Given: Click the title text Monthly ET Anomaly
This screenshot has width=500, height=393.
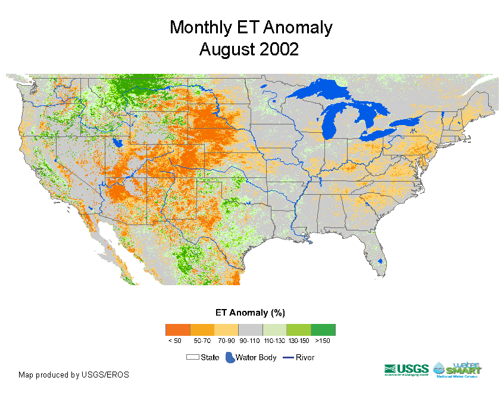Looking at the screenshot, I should tap(251, 27).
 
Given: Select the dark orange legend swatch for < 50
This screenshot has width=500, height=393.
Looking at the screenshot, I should tap(177, 330).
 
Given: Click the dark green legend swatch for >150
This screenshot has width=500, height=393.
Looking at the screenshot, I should tap(323, 330).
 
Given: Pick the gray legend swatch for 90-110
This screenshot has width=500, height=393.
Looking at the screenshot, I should tap(250, 330).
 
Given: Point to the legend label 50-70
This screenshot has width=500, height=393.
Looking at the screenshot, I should tap(202, 341).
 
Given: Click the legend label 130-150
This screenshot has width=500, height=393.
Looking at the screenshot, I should tap(298, 341).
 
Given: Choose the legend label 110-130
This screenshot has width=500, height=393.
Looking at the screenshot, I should tap(274, 341).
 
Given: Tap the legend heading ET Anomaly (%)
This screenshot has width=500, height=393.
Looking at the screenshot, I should tap(250, 313).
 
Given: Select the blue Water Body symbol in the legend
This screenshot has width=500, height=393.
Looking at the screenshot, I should tap(229, 358).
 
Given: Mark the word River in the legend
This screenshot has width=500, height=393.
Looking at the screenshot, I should tap(305, 358).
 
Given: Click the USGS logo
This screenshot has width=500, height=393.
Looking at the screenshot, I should tap(406, 370).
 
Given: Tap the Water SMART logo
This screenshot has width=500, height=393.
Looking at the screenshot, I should tap(458, 369).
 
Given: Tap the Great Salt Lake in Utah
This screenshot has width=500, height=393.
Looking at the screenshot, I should tap(118, 143).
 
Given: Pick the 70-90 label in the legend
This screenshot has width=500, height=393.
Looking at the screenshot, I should tap(226, 341).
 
